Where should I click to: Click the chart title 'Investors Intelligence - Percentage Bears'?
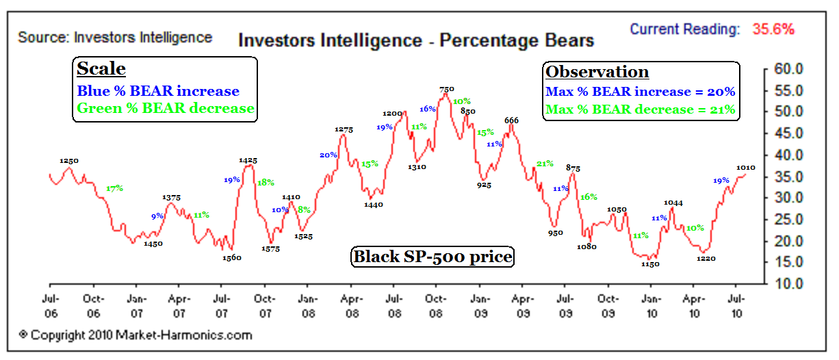(x=415, y=41)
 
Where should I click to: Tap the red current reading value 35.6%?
(x=773, y=29)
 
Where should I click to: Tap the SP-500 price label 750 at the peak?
(x=446, y=89)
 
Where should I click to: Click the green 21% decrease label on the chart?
(x=545, y=164)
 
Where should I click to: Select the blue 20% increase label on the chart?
(x=328, y=155)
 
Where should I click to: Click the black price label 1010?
(x=745, y=167)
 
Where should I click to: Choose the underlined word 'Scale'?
(x=101, y=69)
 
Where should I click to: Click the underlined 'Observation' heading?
(x=597, y=72)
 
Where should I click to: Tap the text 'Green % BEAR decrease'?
(x=166, y=108)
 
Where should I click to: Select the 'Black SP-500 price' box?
(x=433, y=257)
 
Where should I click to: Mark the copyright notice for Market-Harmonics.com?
(x=135, y=335)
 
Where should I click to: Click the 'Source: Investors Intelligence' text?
(x=115, y=37)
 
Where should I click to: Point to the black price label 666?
(x=511, y=120)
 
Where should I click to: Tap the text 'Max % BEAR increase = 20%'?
(x=640, y=91)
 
